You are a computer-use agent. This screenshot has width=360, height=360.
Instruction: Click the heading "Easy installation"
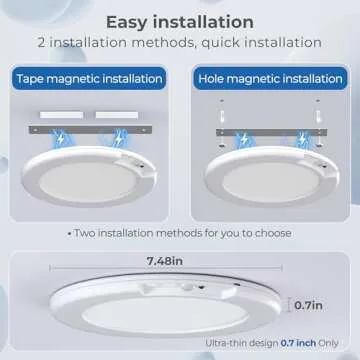(180, 22)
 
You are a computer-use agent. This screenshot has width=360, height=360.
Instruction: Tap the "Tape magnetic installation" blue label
(89, 79)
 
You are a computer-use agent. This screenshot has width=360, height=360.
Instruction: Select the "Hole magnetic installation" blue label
(270, 79)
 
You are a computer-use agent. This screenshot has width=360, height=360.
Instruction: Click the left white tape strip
(61, 115)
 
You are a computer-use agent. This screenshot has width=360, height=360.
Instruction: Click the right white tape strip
(117, 115)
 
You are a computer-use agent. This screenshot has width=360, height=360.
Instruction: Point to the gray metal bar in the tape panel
(90, 130)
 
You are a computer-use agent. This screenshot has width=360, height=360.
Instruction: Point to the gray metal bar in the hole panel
(271, 133)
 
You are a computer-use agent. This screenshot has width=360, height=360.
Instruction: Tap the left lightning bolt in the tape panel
(60, 139)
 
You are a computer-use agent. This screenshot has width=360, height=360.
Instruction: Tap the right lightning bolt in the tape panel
(118, 139)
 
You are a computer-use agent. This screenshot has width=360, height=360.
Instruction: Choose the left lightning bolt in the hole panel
(244, 138)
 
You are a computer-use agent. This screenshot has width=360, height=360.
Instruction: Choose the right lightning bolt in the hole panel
(302, 139)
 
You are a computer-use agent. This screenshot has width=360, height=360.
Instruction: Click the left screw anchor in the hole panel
(222, 116)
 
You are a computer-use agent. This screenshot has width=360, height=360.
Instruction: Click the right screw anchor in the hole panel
(318, 116)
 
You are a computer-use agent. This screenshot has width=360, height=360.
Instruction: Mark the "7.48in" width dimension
(165, 261)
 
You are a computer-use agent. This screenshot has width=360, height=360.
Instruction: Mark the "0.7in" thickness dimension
(308, 305)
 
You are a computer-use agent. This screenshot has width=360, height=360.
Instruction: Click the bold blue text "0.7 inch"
(298, 343)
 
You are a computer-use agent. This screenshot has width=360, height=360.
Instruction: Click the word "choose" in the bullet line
(273, 233)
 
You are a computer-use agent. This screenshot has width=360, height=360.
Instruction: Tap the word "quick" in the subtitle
(221, 43)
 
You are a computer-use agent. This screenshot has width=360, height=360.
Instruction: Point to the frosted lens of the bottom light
(165, 314)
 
